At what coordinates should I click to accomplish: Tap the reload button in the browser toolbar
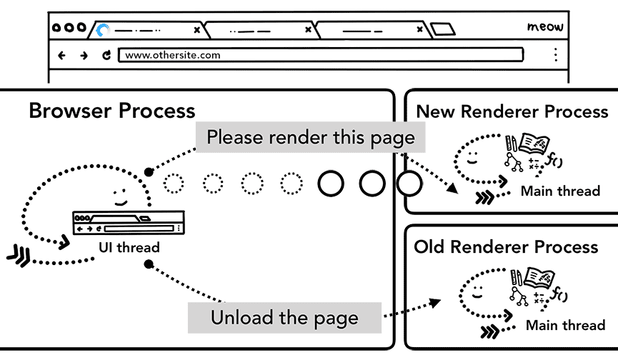point(106,55)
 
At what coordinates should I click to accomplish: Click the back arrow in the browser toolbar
point(61,55)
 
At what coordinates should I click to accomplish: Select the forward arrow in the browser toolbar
point(84,55)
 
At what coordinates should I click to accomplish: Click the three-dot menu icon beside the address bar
point(555,55)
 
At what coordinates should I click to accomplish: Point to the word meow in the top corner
point(545,27)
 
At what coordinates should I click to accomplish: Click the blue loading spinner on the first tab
point(104,30)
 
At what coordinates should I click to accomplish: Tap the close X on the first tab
point(197,30)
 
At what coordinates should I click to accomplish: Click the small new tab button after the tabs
point(443,30)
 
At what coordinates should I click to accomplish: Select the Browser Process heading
point(111,111)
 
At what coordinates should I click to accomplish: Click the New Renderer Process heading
point(512,111)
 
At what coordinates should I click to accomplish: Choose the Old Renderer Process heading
point(506,247)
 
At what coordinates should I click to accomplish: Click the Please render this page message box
point(310,137)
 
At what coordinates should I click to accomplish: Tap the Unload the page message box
point(284,317)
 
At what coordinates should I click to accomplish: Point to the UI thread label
point(129,248)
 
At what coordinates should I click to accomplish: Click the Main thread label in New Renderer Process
point(559,191)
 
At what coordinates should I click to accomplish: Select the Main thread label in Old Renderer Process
point(564,325)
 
